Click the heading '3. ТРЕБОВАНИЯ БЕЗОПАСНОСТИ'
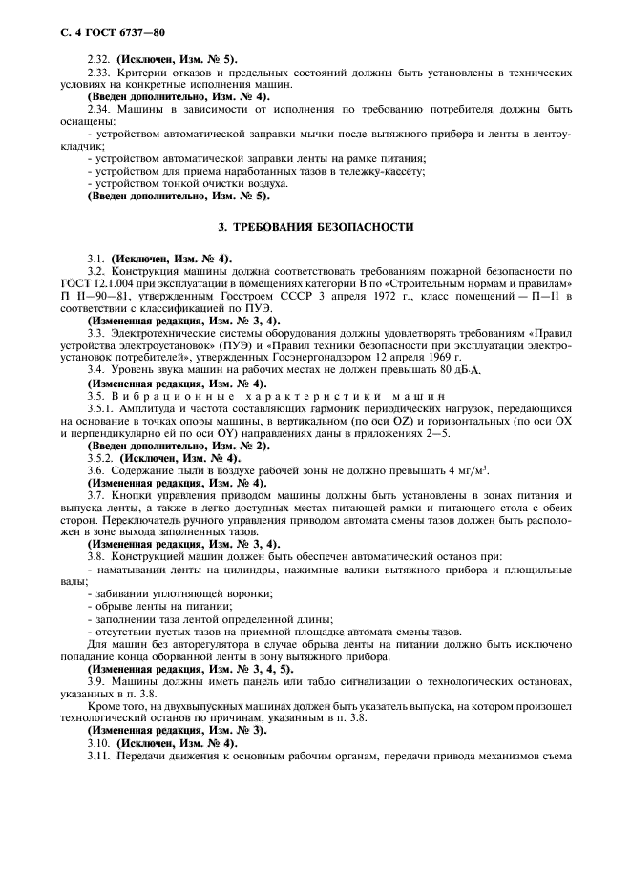pyautogui.click(x=315, y=227)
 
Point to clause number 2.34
pyautogui.click(x=98, y=111)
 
